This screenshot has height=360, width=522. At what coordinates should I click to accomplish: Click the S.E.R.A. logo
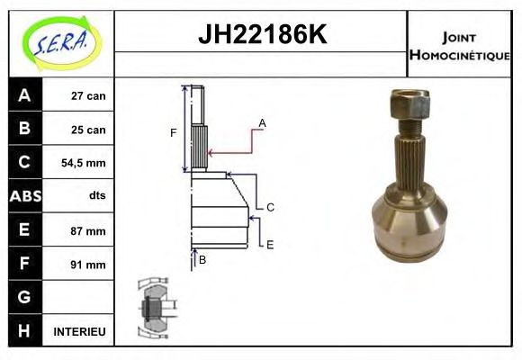61,43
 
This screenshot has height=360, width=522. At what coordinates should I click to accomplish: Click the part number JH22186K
262,34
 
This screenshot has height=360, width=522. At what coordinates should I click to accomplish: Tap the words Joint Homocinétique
459,46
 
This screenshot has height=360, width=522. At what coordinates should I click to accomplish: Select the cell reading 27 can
88,96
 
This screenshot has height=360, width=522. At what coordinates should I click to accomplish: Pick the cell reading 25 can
88,130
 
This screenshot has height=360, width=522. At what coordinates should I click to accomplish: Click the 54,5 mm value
83,163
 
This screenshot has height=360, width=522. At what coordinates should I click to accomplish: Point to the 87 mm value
88,230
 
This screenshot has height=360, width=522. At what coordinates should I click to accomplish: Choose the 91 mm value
88,265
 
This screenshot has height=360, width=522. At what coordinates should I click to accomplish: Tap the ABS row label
25,196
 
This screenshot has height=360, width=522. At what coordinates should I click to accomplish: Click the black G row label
25,297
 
